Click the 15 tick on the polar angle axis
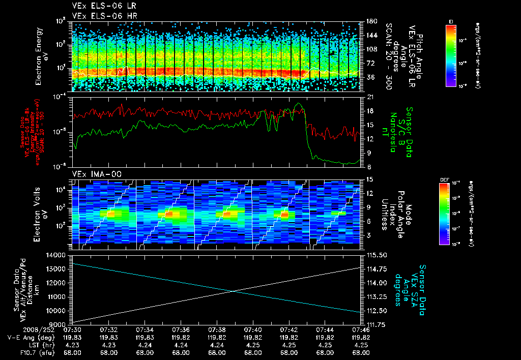click(x=369, y=179)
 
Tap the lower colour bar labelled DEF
click(x=443, y=214)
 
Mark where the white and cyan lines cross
click(x=234, y=291)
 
